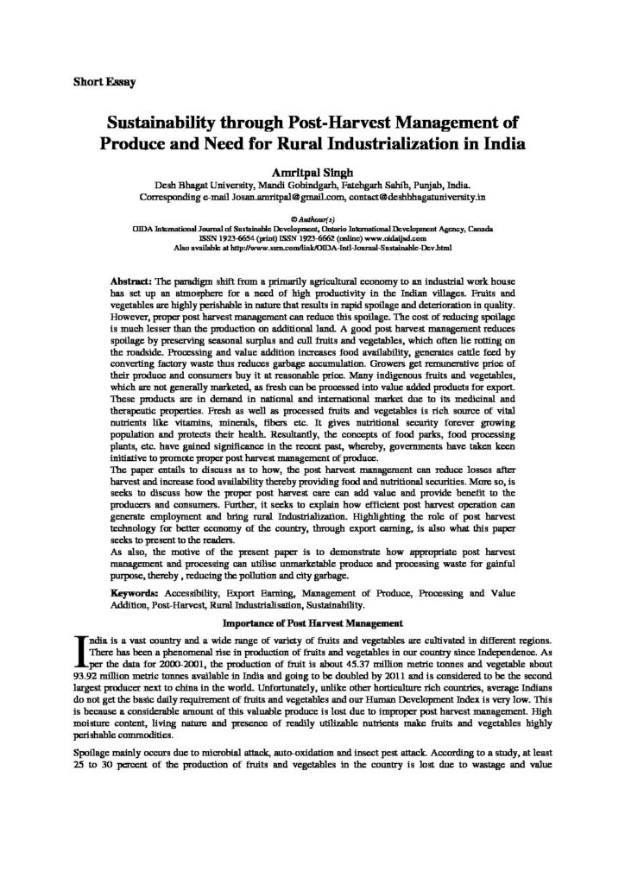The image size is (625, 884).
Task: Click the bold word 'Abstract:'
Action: tap(134, 282)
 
